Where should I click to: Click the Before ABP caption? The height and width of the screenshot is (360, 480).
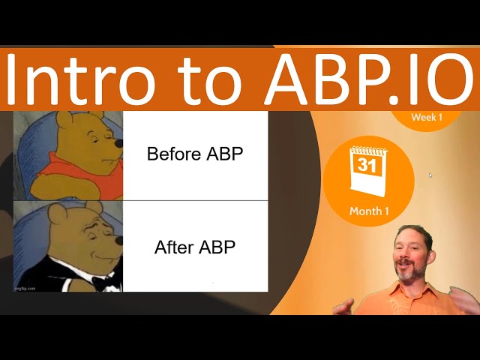(x=195, y=154)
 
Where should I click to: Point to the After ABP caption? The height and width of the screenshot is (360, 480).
(x=195, y=247)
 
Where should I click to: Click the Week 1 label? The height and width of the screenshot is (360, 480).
(x=427, y=117)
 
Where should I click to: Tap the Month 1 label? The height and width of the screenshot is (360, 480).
(x=369, y=211)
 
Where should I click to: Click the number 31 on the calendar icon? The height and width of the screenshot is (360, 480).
(x=367, y=166)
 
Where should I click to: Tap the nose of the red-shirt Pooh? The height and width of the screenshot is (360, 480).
(x=118, y=143)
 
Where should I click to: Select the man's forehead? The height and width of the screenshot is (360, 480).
(x=413, y=238)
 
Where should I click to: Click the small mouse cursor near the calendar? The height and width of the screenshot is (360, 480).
(x=430, y=175)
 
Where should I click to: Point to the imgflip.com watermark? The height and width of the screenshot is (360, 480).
(x=25, y=287)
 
